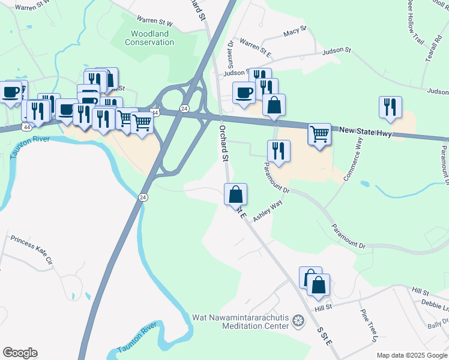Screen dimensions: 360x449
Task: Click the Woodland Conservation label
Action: click(149, 38)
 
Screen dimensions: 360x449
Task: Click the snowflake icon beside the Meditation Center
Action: click(298, 322)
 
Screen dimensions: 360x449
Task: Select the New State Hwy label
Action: click(364, 130)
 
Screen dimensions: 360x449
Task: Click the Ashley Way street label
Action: click(267, 211)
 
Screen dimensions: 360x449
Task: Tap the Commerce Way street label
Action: click(353, 159)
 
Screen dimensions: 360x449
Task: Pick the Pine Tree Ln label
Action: click(367, 326)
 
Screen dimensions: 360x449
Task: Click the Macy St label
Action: click(295, 29)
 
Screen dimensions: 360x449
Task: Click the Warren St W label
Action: click(154, 22)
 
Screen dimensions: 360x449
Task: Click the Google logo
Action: click(20, 353)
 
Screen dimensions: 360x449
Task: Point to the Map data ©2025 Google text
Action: click(411, 355)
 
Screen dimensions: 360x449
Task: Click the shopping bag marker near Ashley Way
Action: click(236, 194)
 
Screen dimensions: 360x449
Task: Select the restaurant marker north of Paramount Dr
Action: click(279, 151)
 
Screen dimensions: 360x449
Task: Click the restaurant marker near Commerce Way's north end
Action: click(390, 107)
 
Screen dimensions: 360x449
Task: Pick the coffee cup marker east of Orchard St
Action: click(244, 92)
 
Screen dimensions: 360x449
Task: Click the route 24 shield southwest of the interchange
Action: click(143, 197)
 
